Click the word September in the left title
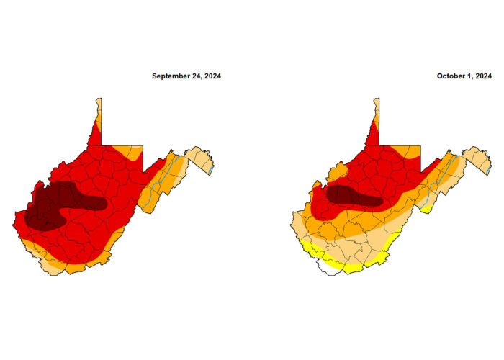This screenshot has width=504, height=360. pos(171,76)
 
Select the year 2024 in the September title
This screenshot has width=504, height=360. pos(212,76)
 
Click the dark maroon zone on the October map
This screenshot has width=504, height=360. pos(353,195)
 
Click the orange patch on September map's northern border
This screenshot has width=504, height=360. pos(130,152)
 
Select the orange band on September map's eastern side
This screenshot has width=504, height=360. pos(155,191)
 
